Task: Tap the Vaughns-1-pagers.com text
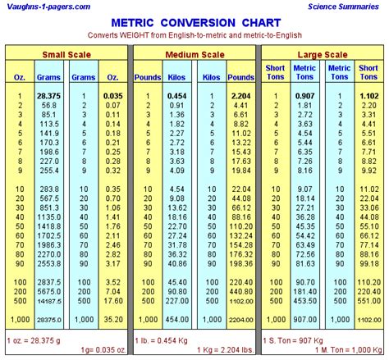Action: [x=48, y=7]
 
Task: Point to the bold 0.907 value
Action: [x=304, y=97]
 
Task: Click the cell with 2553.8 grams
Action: [x=46, y=265]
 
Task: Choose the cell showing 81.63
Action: [x=304, y=265]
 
